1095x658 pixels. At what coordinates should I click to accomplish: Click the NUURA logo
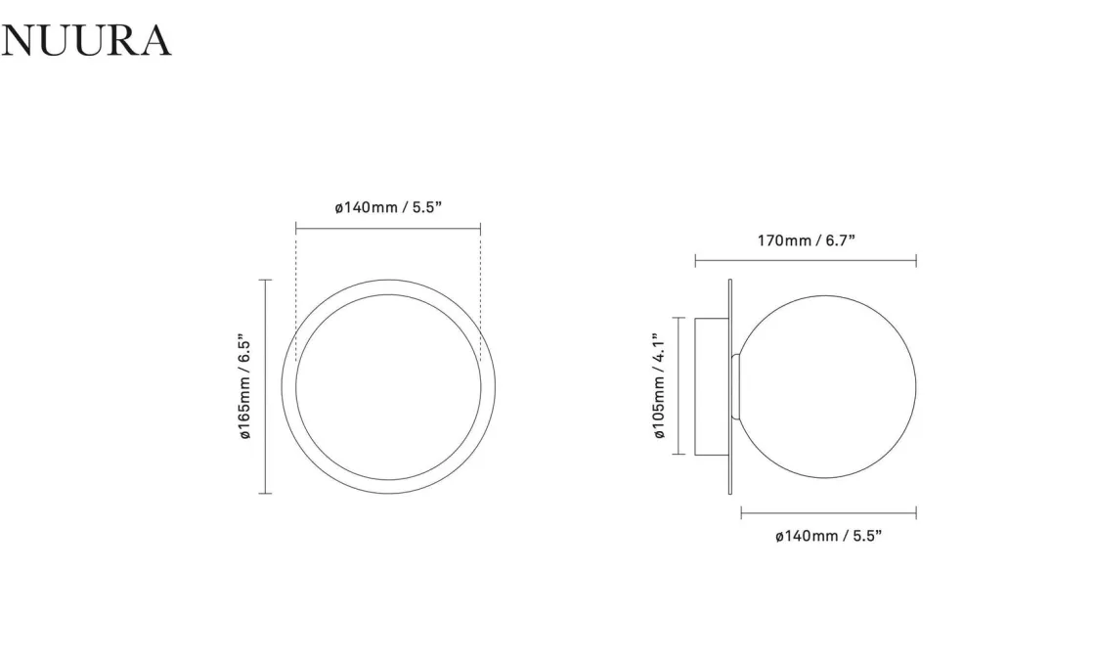[x=86, y=40]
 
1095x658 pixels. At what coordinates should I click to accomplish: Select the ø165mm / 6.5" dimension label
[x=245, y=385]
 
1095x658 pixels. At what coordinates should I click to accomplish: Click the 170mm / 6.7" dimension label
[x=806, y=241]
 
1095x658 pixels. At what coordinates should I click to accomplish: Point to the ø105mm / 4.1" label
[x=659, y=385]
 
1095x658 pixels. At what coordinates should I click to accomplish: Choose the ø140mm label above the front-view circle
[x=388, y=207]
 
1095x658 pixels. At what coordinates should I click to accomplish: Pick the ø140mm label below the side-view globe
[x=828, y=536]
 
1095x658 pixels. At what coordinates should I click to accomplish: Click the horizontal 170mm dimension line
[x=806, y=261]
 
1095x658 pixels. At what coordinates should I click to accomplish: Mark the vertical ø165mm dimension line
[x=265, y=386]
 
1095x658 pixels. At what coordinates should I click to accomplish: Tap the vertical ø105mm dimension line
[x=679, y=385]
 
